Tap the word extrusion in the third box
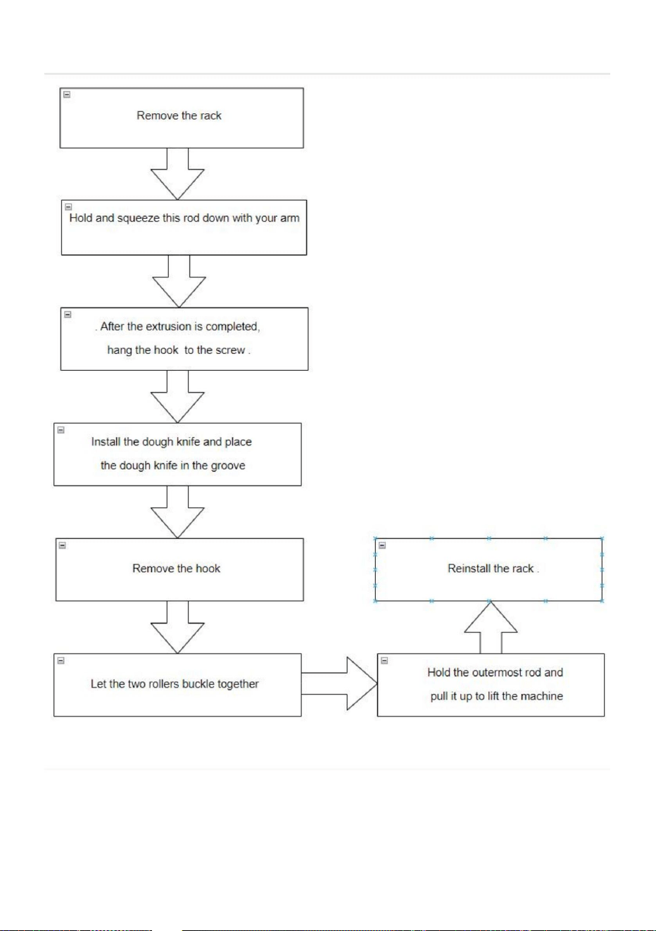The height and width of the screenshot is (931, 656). tap(168, 327)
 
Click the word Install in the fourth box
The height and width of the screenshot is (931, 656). tap(106, 442)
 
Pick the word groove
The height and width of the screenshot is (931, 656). tap(227, 466)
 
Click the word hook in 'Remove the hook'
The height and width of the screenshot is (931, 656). tap(208, 569)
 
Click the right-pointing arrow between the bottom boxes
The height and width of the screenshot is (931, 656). tap(339, 684)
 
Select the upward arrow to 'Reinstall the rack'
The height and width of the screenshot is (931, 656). tap(491, 628)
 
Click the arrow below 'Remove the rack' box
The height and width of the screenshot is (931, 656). tap(177, 174)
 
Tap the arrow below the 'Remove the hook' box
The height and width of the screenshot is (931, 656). tap(177, 627)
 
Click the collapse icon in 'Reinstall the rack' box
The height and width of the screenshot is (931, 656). tap(382, 545)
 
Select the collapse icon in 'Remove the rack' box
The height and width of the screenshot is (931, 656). tap(67, 95)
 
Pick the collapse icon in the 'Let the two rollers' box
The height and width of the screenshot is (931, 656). tap(61, 661)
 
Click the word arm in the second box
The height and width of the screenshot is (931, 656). tap(290, 219)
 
